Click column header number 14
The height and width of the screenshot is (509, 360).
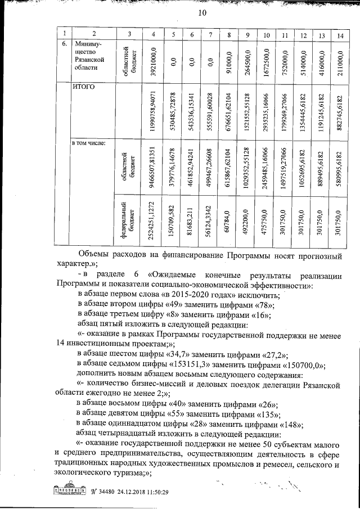coord(339,35)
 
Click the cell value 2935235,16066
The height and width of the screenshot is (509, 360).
coord(265,109)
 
